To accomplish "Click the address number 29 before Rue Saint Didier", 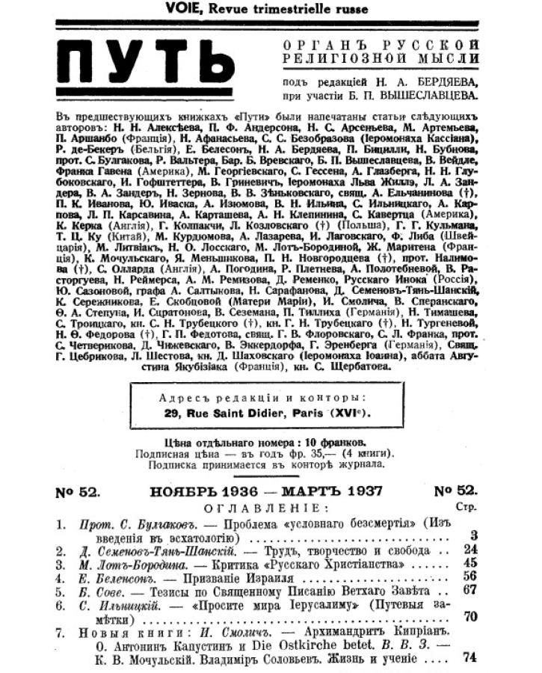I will point(173,413).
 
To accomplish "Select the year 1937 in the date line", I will point(357,491).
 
